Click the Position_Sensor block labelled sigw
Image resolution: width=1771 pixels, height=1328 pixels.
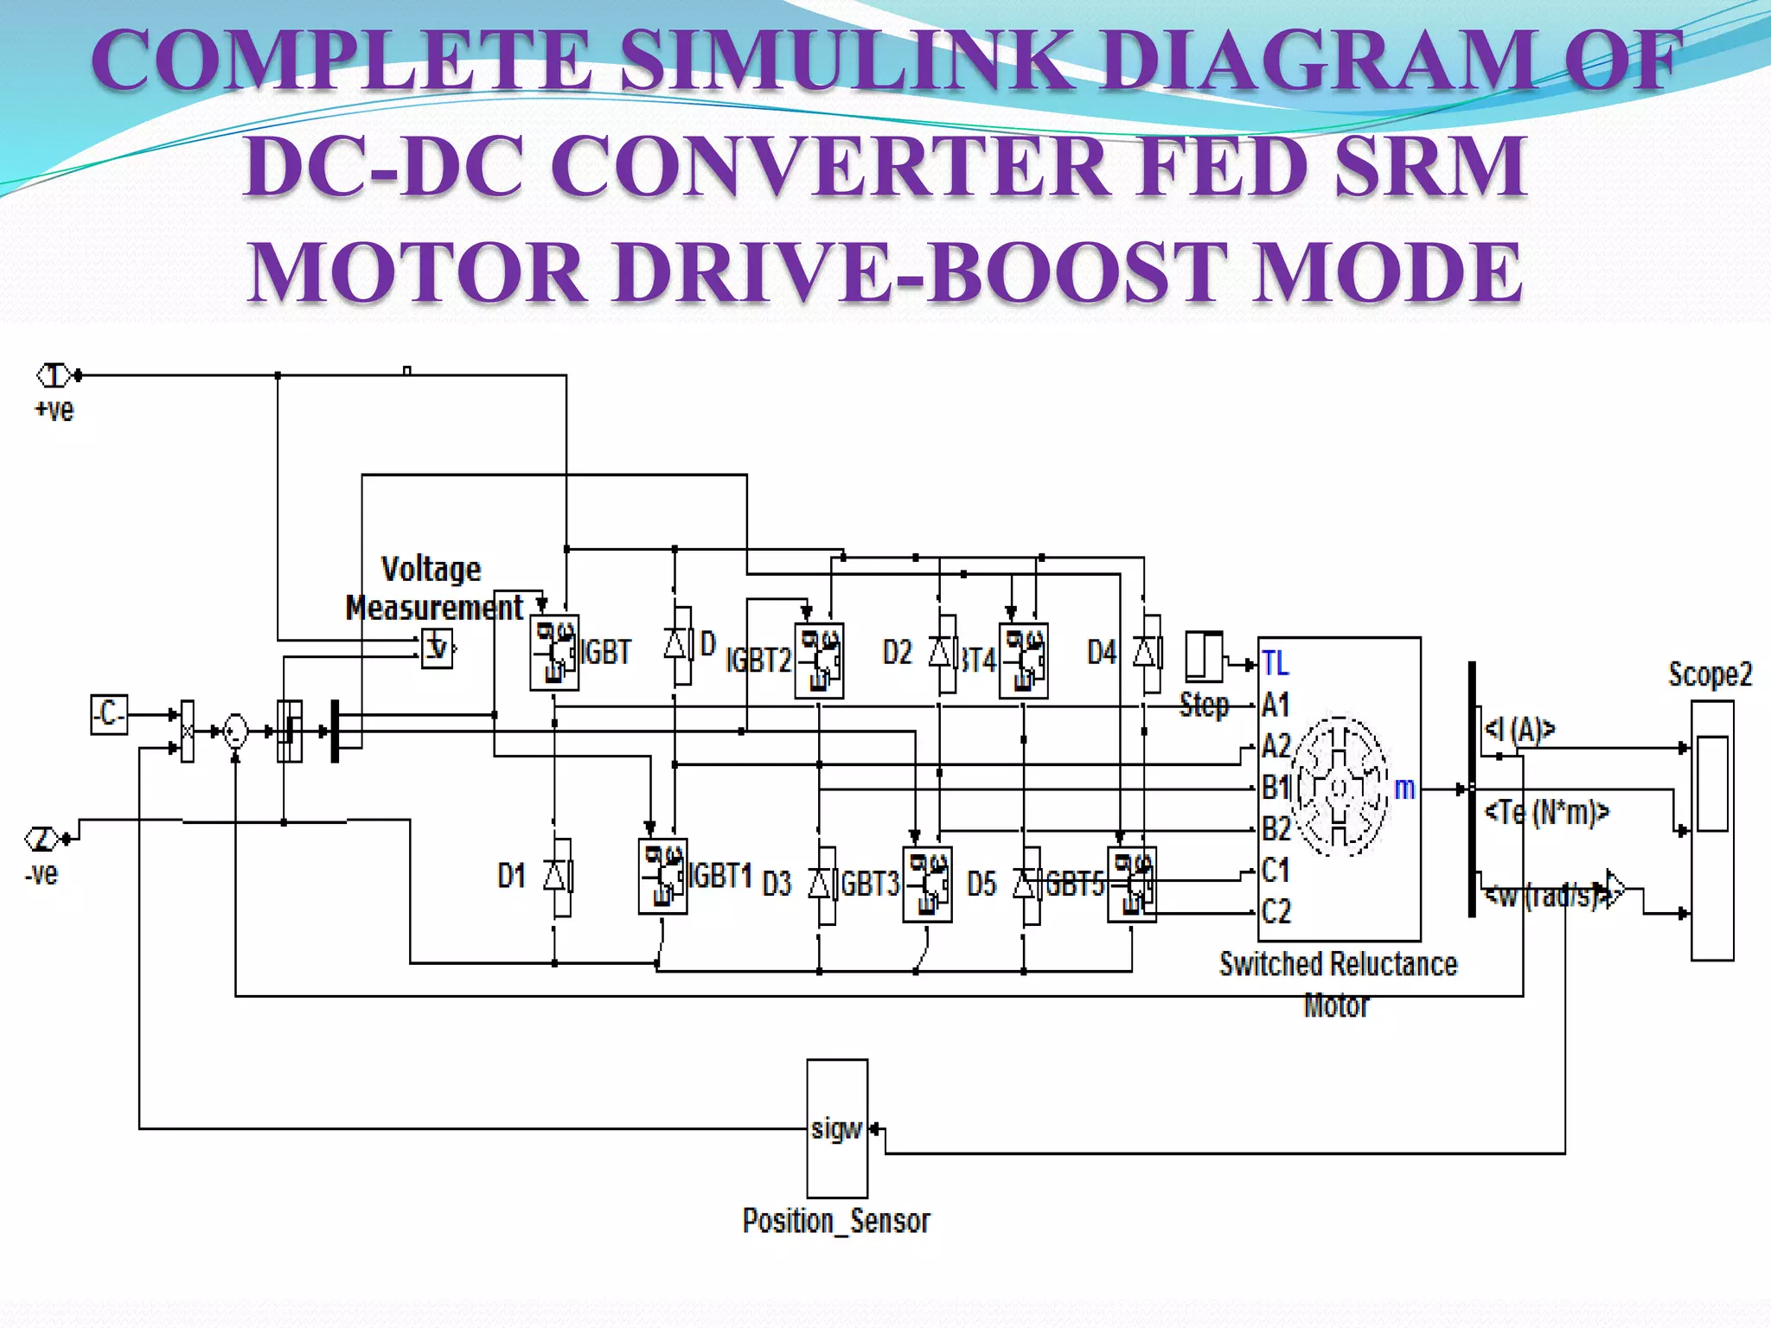pyautogui.click(x=836, y=1127)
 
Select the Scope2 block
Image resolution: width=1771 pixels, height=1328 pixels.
pyautogui.click(x=1711, y=830)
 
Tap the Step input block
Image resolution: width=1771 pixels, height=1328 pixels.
pyautogui.click(x=1204, y=657)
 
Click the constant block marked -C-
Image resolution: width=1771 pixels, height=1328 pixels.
pyautogui.click(x=109, y=714)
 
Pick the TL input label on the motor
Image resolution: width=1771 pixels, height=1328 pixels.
pyautogui.click(x=1275, y=663)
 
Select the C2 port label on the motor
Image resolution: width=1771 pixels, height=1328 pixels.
pyautogui.click(x=1276, y=910)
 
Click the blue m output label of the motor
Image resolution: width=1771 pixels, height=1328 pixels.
pyautogui.click(x=1403, y=788)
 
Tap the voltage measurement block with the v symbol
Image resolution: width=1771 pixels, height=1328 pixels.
pyautogui.click(x=437, y=648)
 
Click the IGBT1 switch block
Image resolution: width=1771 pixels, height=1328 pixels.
pyautogui.click(x=662, y=876)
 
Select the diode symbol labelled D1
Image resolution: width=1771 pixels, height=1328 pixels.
pyautogui.click(x=557, y=877)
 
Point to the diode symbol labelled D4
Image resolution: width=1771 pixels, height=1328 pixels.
pyautogui.click(x=1147, y=652)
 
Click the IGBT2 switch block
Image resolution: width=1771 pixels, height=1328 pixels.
pyautogui.click(x=818, y=661)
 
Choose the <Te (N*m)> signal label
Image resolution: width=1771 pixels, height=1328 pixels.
pyautogui.click(x=1546, y=812)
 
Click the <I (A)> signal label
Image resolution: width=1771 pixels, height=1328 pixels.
pyautogui.click(x=1519, y=730)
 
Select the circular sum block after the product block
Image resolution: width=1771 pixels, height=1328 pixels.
pyautogui.click(x=235, y=731)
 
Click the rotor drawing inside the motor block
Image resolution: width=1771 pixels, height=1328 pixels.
pyautogui.click(x=1338, y=785)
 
